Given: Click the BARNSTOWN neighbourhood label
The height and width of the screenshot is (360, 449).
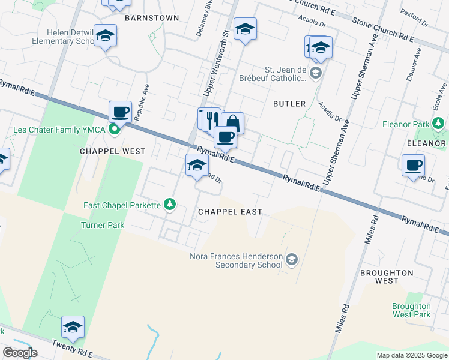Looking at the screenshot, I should click(x=152, y=18).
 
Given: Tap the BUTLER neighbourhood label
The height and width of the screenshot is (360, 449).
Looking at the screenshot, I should click(x=289, y=104).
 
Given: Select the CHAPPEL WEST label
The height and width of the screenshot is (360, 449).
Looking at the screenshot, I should click(x=113, y=151).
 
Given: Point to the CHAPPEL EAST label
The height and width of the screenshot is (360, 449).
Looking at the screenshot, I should click(x=230, y=212).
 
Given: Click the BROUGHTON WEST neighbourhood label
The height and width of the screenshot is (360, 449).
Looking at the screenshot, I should click(x=387, y=277).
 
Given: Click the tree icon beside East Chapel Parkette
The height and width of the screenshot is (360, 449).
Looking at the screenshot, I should click(x=170, y=205).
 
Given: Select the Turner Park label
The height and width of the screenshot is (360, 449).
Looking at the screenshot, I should click(x=103, y=225).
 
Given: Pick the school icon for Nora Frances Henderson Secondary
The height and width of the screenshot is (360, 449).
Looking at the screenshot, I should click(x=292, y=259).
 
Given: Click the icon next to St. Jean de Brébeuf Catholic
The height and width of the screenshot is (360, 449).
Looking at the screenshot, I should click(x=316, y=74).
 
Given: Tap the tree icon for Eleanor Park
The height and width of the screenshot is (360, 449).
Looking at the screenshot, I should click(x=438, y=124).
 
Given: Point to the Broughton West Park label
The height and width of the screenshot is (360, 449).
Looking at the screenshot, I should click(x=411, y=310).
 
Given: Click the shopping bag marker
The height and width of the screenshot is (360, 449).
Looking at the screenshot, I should click(x=232, y=123).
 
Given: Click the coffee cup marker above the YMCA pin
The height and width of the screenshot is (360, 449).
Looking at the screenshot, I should click(x=120, y=111).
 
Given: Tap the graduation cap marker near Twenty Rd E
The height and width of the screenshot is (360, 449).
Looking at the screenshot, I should click(x=73, y=327).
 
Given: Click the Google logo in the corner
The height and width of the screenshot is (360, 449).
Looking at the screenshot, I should click(x=20, y=353).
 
